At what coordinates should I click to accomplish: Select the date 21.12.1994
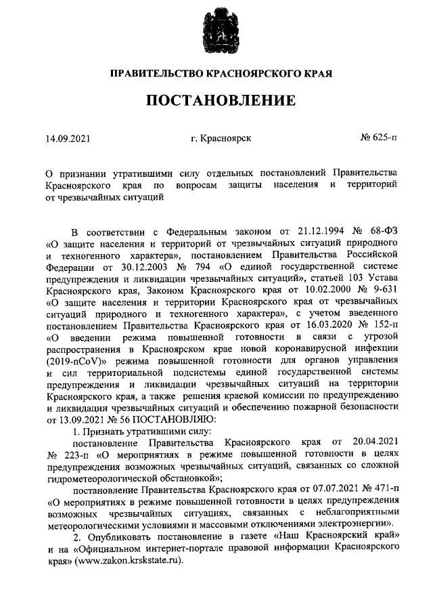(313, 230)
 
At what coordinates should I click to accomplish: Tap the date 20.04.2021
(370, 443)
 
